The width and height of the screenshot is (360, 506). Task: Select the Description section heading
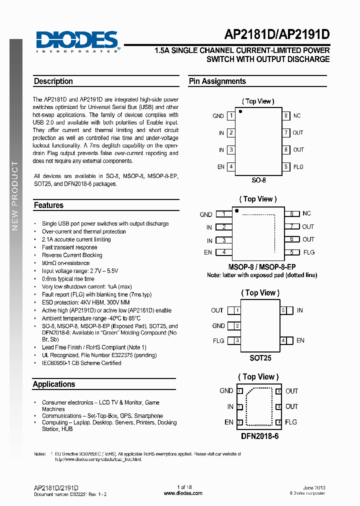[x=53, y=81]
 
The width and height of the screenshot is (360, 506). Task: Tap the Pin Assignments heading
[x=217, y=81]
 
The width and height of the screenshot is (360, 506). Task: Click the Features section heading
[x=48, y=205]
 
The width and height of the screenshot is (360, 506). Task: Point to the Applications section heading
[x=54, y=384]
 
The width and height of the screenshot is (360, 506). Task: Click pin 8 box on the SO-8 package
[x=286, y=115]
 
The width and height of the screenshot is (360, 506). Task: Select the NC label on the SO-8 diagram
[x=297, y=115]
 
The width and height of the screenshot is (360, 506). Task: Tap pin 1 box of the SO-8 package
[x=230, y=115]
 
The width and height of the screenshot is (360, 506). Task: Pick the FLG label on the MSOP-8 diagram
[x=309, y=252]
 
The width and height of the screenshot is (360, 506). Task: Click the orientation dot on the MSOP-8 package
[x=237, y=210]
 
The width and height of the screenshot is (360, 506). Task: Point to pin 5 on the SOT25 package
[x=283, y=310]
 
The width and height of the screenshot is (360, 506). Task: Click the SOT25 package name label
[x=260, y=358]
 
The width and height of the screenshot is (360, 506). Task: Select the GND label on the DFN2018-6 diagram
[x=226, y=391]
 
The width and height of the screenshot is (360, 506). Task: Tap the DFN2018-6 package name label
[x=259, y=436]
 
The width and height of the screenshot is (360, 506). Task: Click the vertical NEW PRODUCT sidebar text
[x=15, y=195]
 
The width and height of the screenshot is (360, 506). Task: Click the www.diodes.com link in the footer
[x=183, y=493]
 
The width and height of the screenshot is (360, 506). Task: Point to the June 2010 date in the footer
[x=314, y=487]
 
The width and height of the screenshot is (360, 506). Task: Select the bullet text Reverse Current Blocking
[x=72, y=255]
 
